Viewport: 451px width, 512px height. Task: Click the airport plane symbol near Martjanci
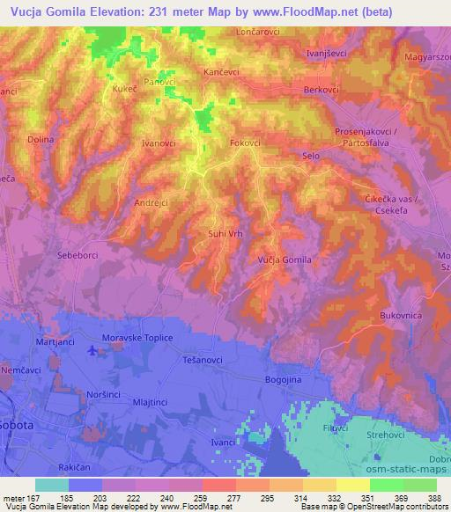[94, 350]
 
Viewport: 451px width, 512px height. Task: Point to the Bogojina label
[284, 379]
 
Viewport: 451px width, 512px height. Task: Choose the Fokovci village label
[245, 142]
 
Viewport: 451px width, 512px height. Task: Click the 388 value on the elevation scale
[433, 496]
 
